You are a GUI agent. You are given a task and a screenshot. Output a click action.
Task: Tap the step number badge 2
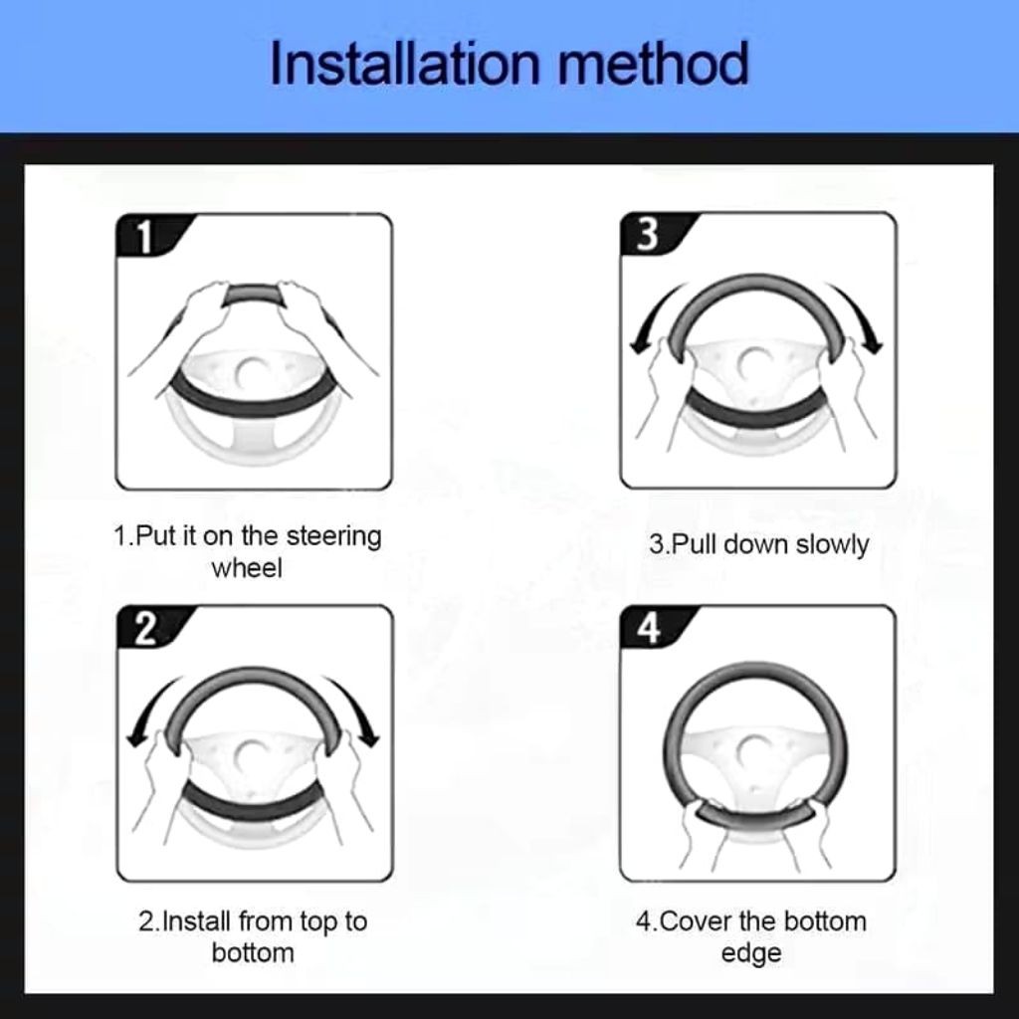coord(145,630)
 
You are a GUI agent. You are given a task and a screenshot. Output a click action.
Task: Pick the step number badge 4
coord(648,630)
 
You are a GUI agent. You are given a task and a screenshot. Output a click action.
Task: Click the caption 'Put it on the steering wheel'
coord(247,551)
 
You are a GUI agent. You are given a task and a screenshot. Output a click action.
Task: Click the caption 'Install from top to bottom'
coord(253,936)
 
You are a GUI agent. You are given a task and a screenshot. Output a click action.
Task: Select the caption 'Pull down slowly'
coord(758,544)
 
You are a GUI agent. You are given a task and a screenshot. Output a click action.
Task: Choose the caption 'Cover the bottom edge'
coord(751,936)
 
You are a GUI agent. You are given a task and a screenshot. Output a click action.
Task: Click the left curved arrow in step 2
coord(151,712)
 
